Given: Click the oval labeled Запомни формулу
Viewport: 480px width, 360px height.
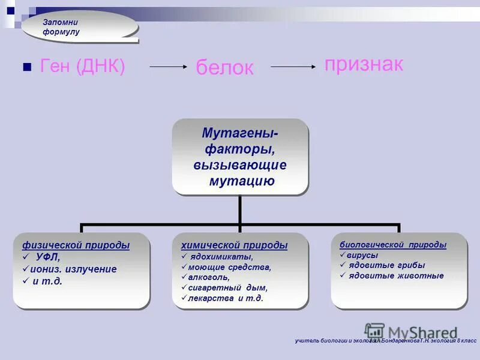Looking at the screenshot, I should (80, 26).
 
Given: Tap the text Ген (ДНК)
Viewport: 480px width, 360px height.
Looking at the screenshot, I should (82, 67).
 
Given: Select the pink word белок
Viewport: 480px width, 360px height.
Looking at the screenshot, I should (224, 68).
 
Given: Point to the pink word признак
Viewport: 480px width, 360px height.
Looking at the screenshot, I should (364, 64).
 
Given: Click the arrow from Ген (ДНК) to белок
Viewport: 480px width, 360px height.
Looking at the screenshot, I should (169, 67).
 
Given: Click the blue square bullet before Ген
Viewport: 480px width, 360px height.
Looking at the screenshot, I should (26, 67).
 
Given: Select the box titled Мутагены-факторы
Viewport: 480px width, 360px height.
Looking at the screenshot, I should (240, 156).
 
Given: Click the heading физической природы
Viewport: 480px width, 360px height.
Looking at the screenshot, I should (76, 245).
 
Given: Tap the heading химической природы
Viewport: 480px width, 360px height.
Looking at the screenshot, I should (234, 245).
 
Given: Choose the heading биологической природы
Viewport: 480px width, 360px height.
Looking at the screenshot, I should (393, 245).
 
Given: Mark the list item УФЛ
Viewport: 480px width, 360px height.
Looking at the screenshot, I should (52, 257).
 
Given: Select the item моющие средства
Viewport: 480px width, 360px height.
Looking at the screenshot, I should (229, 267).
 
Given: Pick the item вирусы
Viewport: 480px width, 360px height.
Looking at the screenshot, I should (362, 255).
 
